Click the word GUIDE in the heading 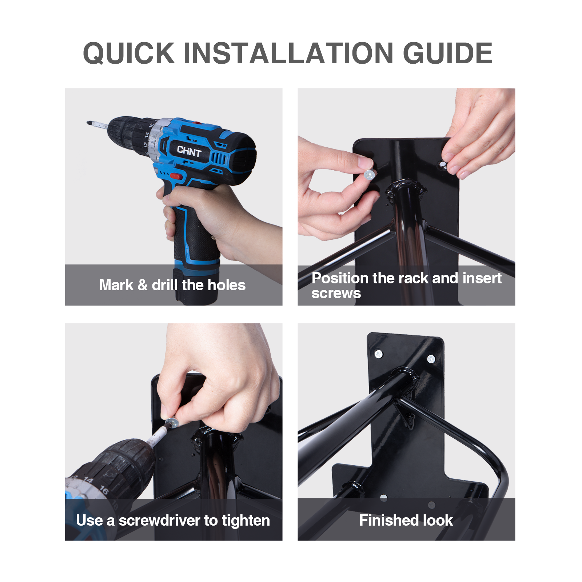[448, 53]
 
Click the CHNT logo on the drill [189, 151]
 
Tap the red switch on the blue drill [176, 176]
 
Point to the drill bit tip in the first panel [88, 123]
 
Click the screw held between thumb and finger [369, 175]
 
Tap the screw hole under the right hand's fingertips [443, 165]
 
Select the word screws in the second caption [336, 294]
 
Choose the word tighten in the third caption [246, 521]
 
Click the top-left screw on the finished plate [379, 354]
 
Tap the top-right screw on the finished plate [431, 359]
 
